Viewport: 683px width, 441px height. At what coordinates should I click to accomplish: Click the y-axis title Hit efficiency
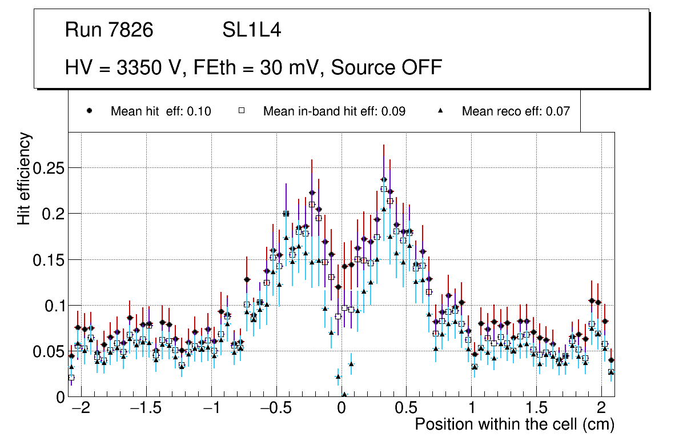pos(25,178)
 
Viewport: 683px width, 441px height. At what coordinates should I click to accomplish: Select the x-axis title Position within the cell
pos(514,424)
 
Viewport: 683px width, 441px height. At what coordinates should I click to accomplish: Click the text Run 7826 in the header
pos(109,30)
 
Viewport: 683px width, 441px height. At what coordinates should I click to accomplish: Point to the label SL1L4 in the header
pos(251,30)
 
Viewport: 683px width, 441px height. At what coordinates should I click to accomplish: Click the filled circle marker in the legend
pos(89,111)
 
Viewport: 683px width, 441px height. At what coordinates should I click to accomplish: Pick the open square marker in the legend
pos(241,111)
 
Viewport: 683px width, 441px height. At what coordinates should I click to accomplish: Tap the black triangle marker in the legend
pos(440,111)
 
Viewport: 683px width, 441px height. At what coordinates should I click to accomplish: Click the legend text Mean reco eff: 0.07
pos(516,111)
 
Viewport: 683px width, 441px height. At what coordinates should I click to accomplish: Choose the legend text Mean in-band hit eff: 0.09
pos(334,111)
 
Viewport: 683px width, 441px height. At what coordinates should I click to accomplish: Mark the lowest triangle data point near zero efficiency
pos(344,394)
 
